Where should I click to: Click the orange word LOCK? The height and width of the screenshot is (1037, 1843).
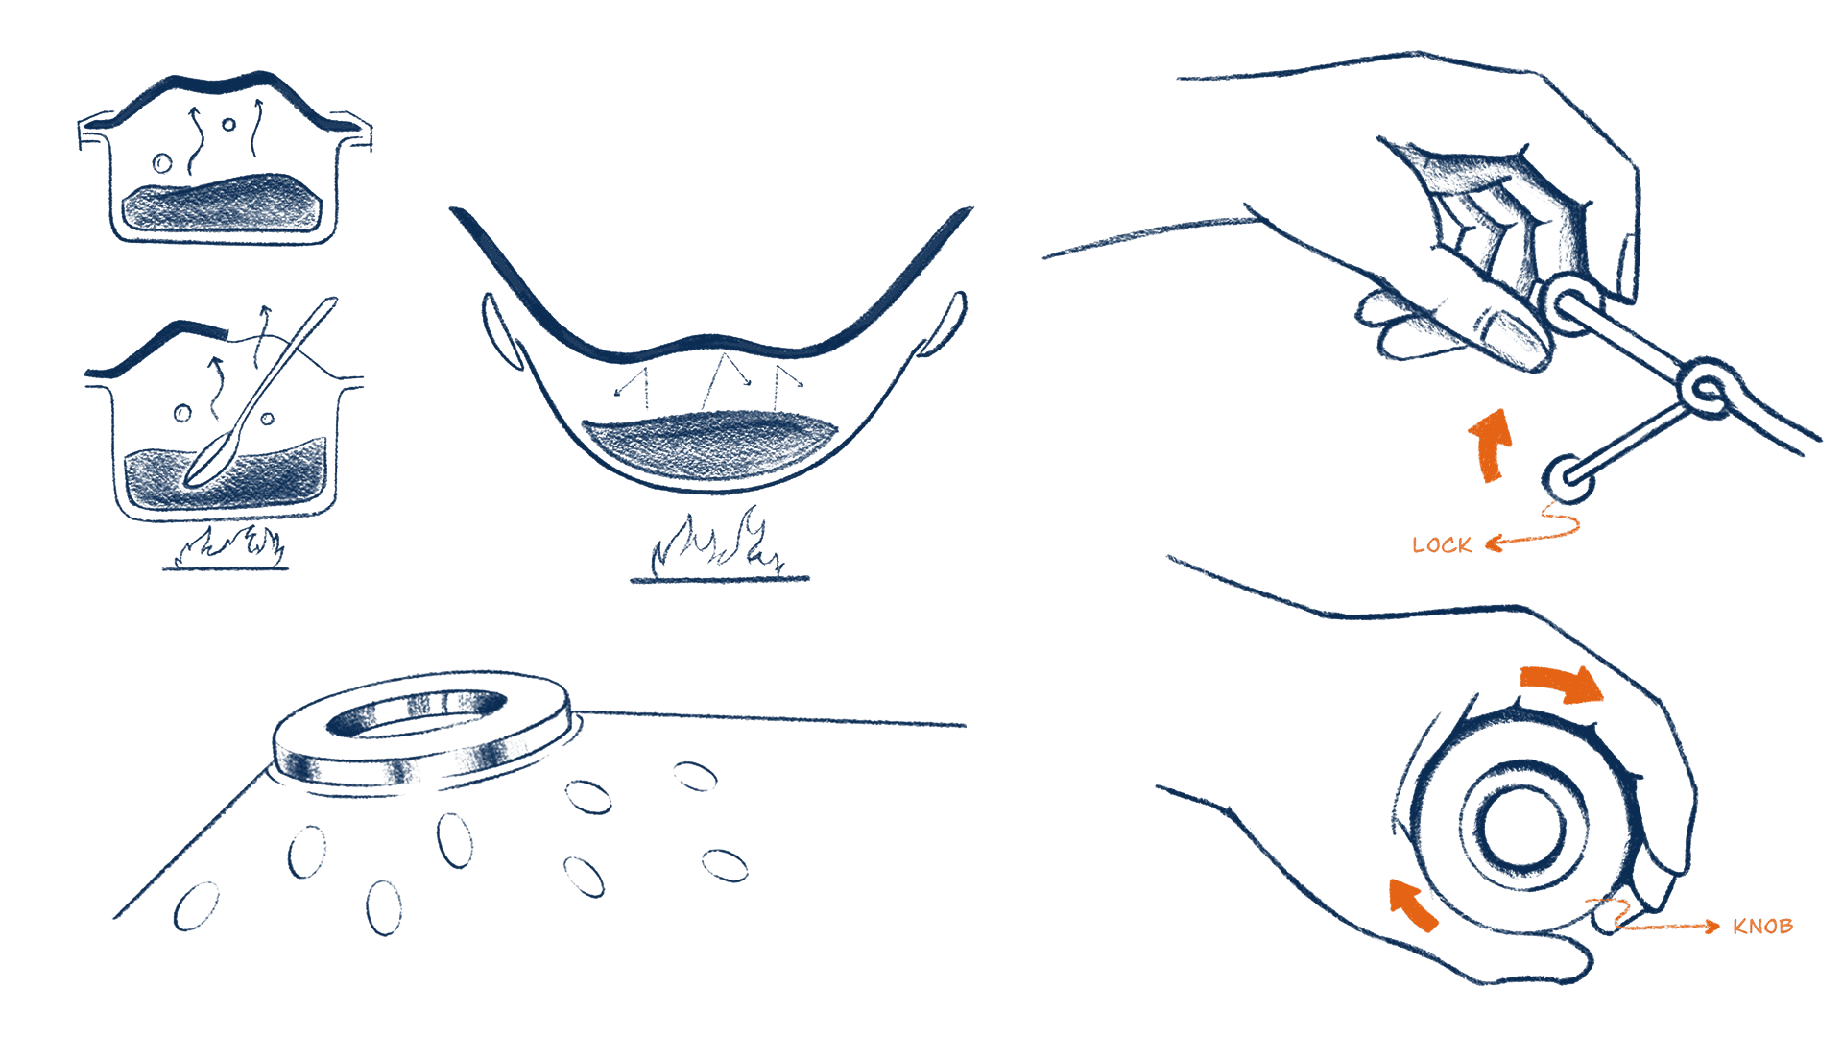click(x=1442, y=545)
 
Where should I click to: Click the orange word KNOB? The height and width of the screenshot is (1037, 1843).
click(x=1763, y=927)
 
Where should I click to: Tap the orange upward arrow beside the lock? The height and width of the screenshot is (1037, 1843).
click(x=1492, y=444)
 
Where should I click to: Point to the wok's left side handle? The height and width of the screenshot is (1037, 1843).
click(x=501, y=331)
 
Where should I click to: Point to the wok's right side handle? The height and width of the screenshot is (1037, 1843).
click(x=945, y=323)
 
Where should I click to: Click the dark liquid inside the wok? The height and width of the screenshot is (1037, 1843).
click(x=710, y=445)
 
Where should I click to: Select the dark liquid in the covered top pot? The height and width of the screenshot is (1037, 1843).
click(x=222, y=204)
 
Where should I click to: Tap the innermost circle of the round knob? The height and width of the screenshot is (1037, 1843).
click(x=1524, y=828)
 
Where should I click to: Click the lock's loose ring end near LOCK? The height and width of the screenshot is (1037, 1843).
click(x=1568, y=476)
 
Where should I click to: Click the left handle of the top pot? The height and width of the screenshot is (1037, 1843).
click(x=97, y=131)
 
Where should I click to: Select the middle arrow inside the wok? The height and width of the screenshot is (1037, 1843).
click(x=725, y=380)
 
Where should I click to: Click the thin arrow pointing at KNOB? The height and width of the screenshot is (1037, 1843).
click(x=1670, y=927)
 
